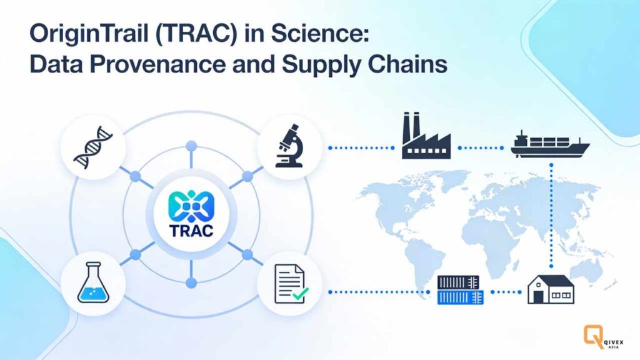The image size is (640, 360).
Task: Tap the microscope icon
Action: click(289, 147)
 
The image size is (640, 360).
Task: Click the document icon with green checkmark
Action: click(289, 282)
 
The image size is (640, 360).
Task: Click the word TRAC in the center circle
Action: click(191, 230)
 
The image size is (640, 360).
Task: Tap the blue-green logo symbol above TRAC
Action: click(191, 205)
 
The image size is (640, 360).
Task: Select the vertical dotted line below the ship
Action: click(551, 212)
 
